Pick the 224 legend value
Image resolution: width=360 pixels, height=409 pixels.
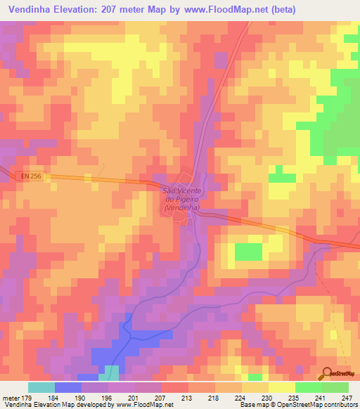pos(240,397)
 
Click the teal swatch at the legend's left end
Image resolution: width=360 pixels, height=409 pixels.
pos(41,387)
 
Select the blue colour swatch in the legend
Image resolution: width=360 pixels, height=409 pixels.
pos(68,387)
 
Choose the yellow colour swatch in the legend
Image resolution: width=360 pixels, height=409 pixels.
pos(281,387)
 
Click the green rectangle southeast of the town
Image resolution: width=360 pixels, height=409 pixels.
pos(247,251)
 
